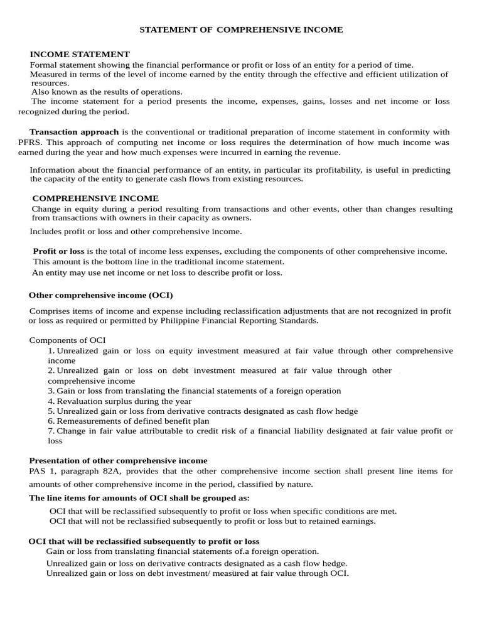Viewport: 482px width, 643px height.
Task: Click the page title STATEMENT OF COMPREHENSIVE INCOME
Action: [x=240, y=30]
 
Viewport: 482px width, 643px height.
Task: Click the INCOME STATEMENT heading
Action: [x=80, y=55]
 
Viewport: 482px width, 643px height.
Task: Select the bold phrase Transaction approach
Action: [x=74, y=132]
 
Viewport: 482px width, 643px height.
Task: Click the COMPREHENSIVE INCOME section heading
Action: [x=95, y=198]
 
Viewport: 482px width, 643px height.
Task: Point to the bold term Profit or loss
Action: [x=58, y=251]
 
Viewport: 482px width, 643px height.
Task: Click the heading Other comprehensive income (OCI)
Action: [x=100, y=295]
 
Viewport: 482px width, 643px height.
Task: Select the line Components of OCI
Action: [x=68, y=340]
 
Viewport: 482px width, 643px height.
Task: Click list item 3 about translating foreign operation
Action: [x=195, y=391]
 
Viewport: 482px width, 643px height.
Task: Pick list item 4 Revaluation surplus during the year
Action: [x=120, y=401]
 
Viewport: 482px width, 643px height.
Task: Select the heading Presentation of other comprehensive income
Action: [x=118, y=461]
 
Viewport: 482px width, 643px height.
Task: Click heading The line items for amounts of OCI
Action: [x=139, y=497]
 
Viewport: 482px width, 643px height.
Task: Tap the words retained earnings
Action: [x=346, y=521]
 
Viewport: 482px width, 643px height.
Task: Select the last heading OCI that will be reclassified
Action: [x=144, y=541]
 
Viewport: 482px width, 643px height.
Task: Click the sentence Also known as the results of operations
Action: [x=107, y=92]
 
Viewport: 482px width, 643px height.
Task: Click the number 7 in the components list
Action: [x=51, y=431]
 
